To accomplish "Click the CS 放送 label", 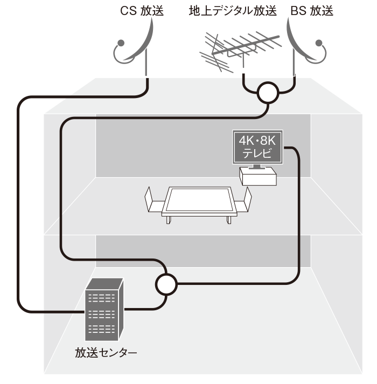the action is [142, 11].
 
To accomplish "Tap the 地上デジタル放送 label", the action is [233, 11].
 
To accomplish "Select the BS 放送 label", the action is [312, 11].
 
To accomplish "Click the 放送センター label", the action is [106, 353].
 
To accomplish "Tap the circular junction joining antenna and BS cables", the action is [268, 92].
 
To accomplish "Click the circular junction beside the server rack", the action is [166, 284].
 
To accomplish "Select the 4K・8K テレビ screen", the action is [257, 147].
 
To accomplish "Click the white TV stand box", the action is [258, 176].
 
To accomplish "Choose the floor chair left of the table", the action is [153, 200].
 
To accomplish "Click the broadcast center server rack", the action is [104, 309].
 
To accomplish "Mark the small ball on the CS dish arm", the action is [121, 43].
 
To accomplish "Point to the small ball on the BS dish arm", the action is [319, 43].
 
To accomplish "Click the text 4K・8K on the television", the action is [257, 141].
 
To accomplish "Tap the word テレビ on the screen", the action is [257, 153].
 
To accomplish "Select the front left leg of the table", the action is [168, 220].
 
